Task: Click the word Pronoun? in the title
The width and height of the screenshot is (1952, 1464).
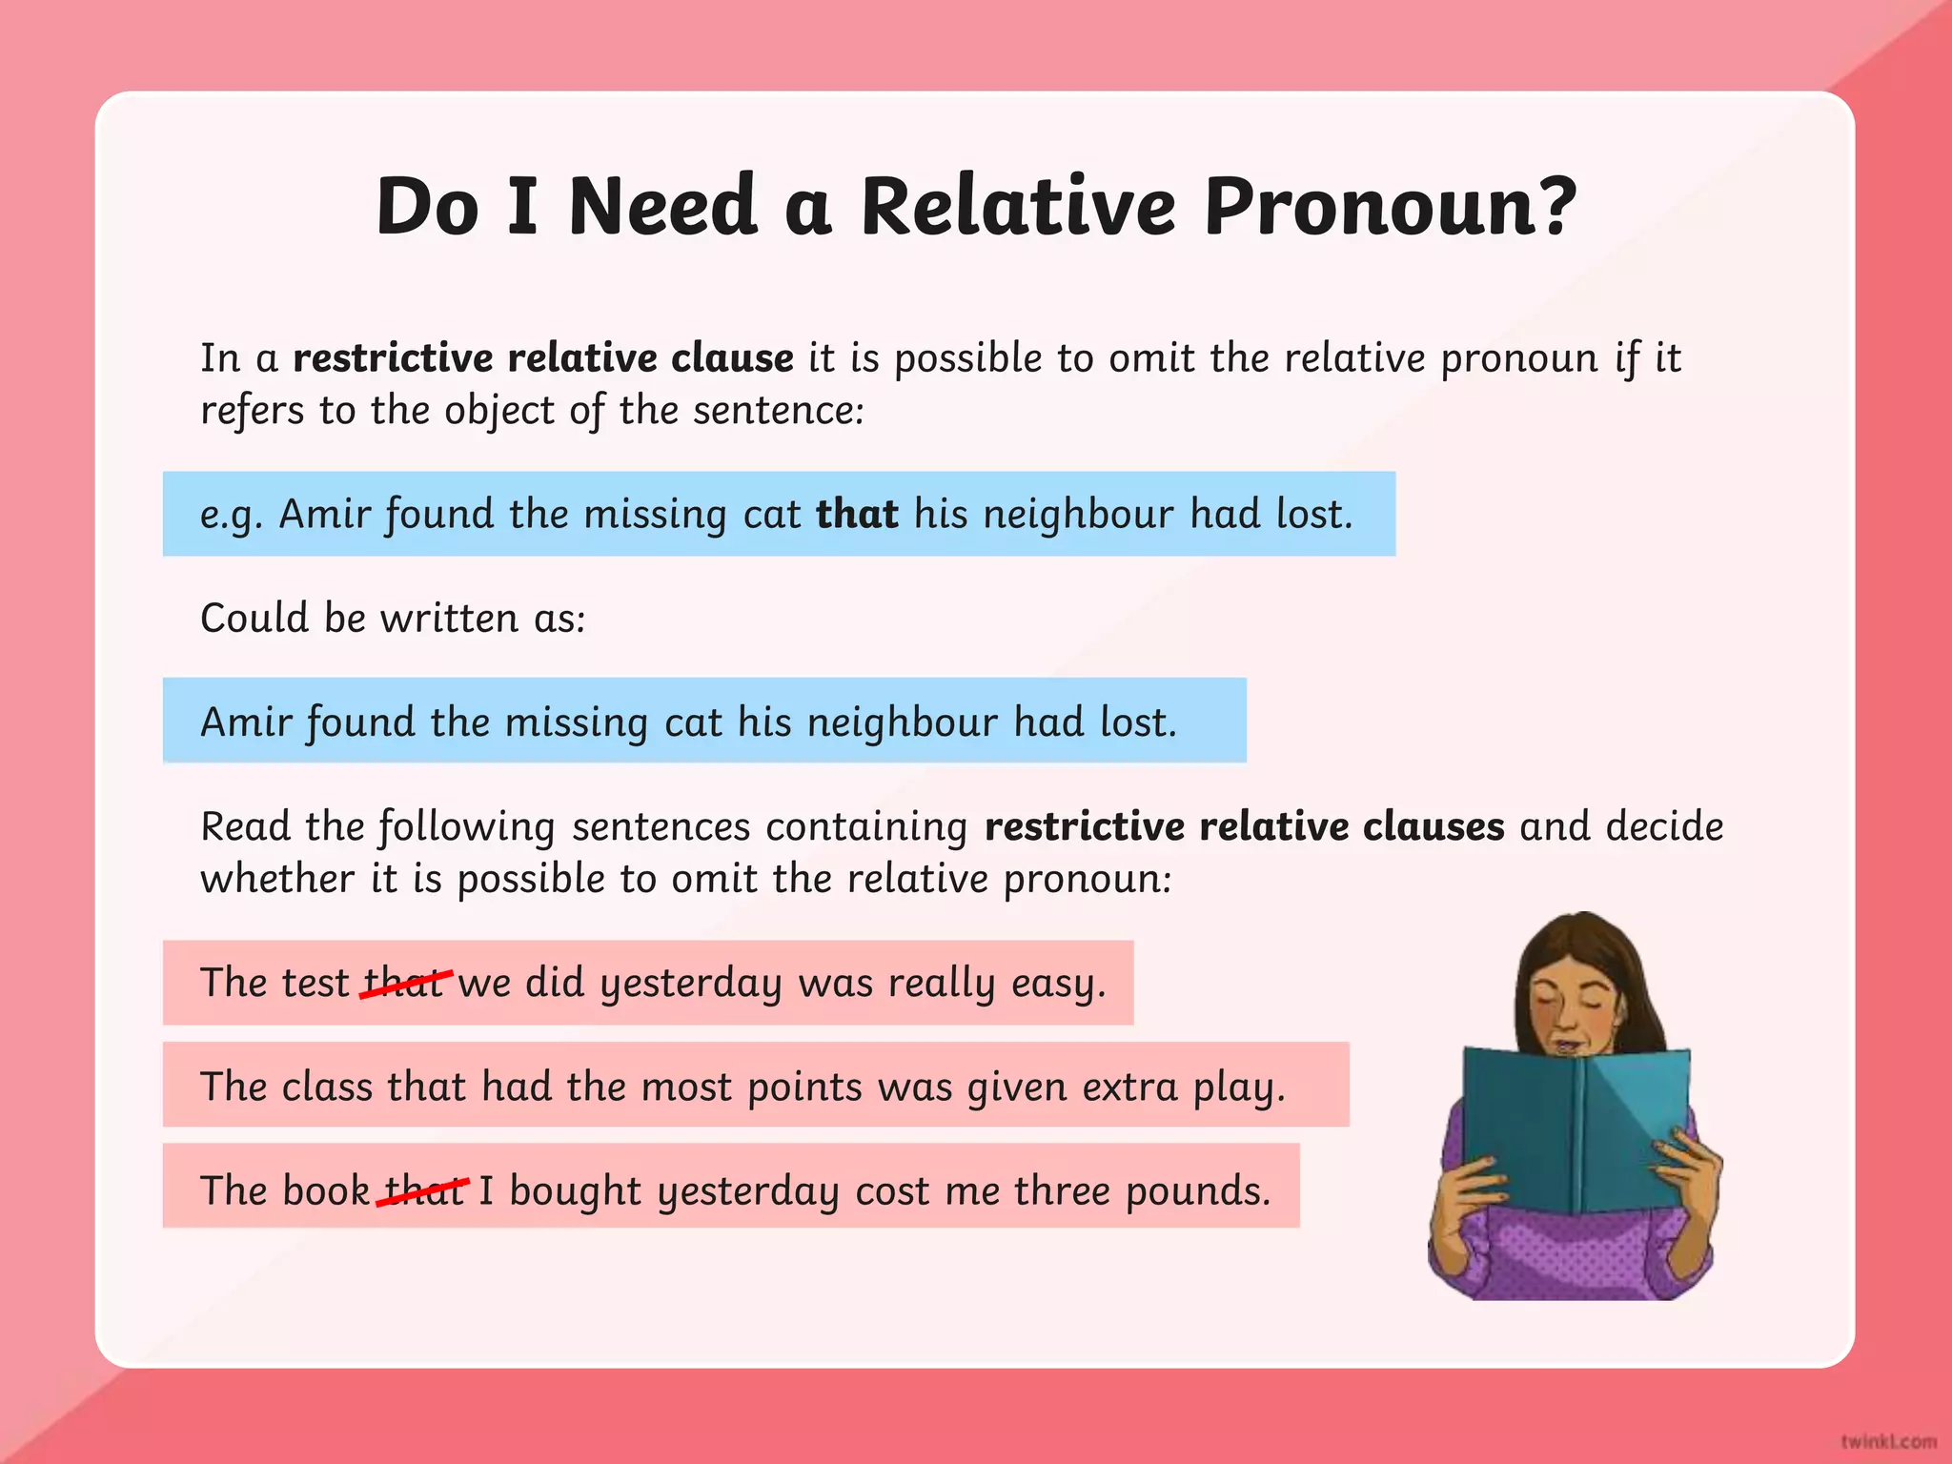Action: click(x=1390, y=208)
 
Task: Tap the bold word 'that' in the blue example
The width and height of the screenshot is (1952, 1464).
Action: click(x=857, y=514)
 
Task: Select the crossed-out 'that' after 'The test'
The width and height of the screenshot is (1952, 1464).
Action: click(x=404, y=982)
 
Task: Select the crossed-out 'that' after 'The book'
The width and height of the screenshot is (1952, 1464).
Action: click(x=422, y=1190)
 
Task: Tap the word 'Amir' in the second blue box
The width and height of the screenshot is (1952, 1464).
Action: click(x=246, y=722)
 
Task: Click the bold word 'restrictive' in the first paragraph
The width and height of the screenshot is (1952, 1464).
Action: click(x=393, y=358)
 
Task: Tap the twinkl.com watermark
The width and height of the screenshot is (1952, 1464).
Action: click(x=1887, y=1441)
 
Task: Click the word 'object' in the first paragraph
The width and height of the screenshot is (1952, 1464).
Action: click(x=498, y=411)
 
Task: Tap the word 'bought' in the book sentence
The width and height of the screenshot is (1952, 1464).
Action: click(x=575, y=1191)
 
